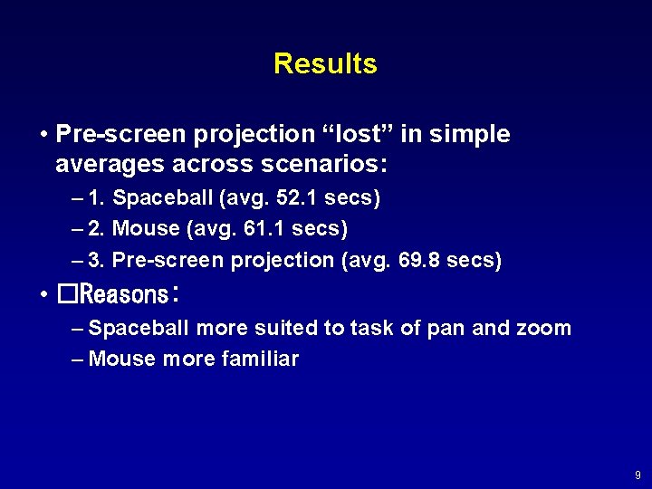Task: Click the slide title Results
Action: pos(325,63)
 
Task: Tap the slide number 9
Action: pos(638,475)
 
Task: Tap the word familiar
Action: pos(260,359)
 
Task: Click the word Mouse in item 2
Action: pos(146,228)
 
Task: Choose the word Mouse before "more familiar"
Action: pos(122,359)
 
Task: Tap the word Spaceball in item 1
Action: pos(157,197)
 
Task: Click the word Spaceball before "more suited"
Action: pos(139,328)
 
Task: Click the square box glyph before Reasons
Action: pos(66,294)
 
